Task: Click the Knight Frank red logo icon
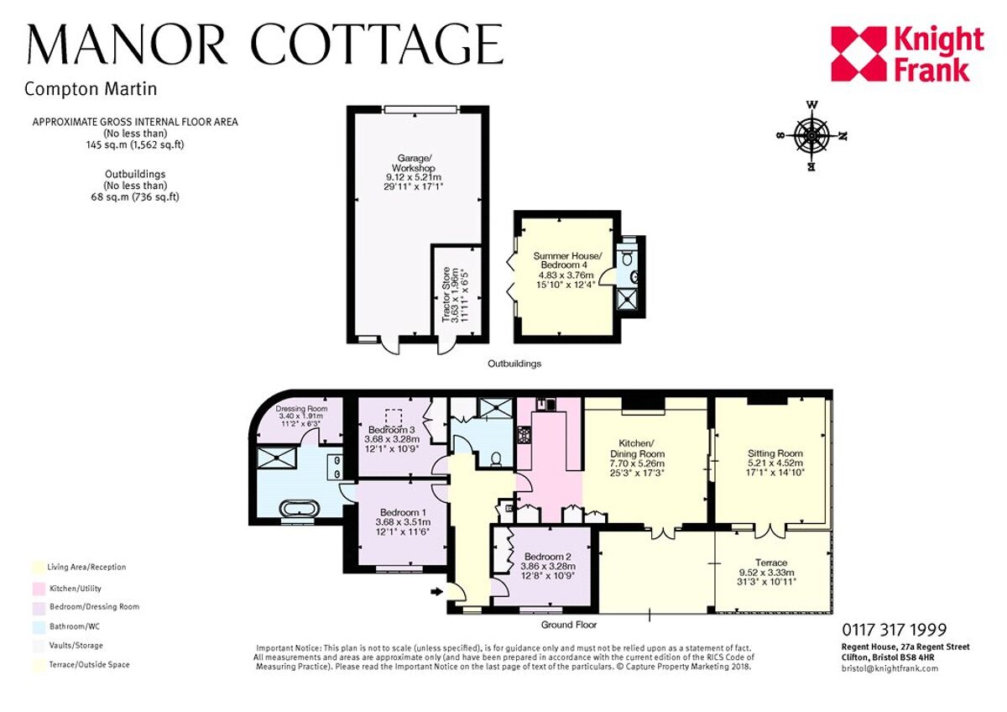click(858, 54)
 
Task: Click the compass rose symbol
click(811, 135)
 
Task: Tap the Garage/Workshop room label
click(415, 171)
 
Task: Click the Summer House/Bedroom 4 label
click(566, 270)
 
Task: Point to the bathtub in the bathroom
click(299, 510)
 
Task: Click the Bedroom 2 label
click(548, 565)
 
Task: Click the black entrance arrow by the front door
click(435, 592)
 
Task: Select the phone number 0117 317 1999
click(894, 630)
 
